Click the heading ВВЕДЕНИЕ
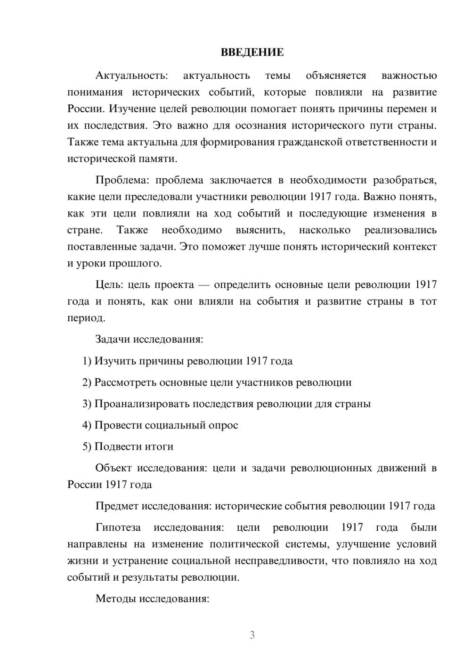click(252, 52)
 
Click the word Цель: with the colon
click(110, 284)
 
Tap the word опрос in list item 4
click(223, 425)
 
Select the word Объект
click(113, 468)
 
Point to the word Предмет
click(116, 506)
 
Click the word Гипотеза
click(118, 527)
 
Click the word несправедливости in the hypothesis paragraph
click(280, 561)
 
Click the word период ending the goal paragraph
click(85, 318)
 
